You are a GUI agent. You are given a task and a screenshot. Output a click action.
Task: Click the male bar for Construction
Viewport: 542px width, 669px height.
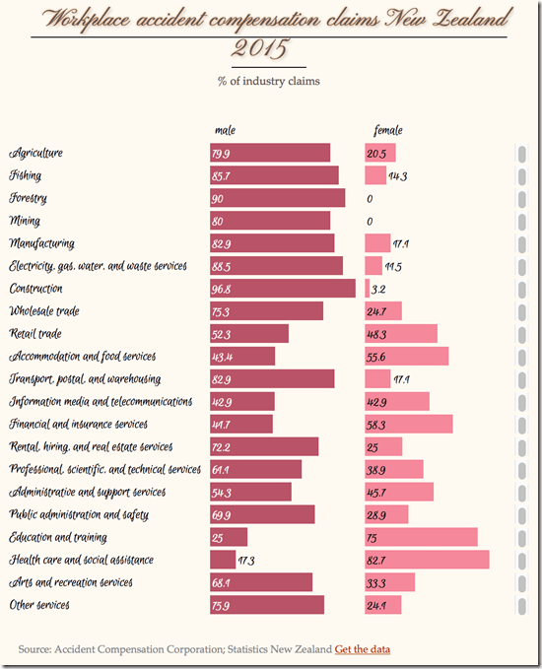(282, 288)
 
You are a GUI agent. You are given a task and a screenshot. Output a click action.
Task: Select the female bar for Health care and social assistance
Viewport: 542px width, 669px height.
(427, 560)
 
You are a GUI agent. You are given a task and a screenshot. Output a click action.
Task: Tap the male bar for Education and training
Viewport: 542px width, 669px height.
(228, 537)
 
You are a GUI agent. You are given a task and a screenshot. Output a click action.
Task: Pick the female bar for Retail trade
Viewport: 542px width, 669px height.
(400, 333)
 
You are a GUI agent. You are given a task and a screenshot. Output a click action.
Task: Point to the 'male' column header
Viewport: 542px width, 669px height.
(225, 130)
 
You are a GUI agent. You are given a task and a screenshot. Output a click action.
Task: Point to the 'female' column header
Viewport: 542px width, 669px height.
(388, 130)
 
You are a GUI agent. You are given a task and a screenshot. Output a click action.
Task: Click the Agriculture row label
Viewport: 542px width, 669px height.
(36, 153)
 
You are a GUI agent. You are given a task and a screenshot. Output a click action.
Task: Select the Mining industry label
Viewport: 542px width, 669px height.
(27, 221)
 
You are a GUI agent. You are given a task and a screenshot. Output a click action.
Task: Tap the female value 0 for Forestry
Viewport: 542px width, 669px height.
(370, 198)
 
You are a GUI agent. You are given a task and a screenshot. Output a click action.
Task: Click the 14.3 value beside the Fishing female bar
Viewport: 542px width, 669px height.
(397, 175)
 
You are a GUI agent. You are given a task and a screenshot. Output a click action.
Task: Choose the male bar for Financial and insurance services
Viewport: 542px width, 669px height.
(240, 424)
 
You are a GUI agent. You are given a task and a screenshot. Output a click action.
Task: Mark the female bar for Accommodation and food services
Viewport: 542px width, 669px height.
(406, 356)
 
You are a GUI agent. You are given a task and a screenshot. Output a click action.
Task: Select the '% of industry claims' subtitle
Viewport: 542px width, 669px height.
(269, 81)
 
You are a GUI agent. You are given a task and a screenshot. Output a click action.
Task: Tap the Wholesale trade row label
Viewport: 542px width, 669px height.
(44, 311)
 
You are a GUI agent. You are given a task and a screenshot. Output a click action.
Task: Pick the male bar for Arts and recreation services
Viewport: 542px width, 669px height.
(260, 582)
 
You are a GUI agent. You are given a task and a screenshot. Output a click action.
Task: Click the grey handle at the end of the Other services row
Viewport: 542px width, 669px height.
(521, 605)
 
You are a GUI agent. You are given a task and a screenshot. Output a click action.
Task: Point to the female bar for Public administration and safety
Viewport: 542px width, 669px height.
(385, 514)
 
